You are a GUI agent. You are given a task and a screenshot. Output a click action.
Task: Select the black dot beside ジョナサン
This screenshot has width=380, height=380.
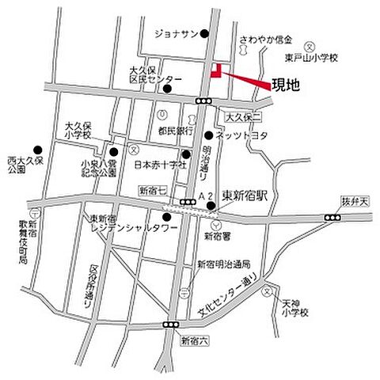click(x=204, y=33)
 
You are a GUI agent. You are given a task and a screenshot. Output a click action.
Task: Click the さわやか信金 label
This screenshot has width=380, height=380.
click(x=265, y=38)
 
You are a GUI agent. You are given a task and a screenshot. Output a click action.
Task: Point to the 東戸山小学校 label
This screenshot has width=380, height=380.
click(x=313, y=58)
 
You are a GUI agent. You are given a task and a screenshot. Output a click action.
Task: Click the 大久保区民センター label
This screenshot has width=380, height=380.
click(x=156, y=75)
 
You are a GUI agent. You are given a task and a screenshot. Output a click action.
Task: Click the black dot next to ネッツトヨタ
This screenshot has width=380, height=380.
click(x=209, y=135)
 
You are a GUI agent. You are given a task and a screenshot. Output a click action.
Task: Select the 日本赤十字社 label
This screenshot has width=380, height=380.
click(x=159, y=165)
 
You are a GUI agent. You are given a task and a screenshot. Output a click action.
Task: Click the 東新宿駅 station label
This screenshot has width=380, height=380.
click(x=245, y=196)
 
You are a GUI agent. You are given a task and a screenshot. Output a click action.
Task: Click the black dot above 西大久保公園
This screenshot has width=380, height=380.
click(x=36, y=149)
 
